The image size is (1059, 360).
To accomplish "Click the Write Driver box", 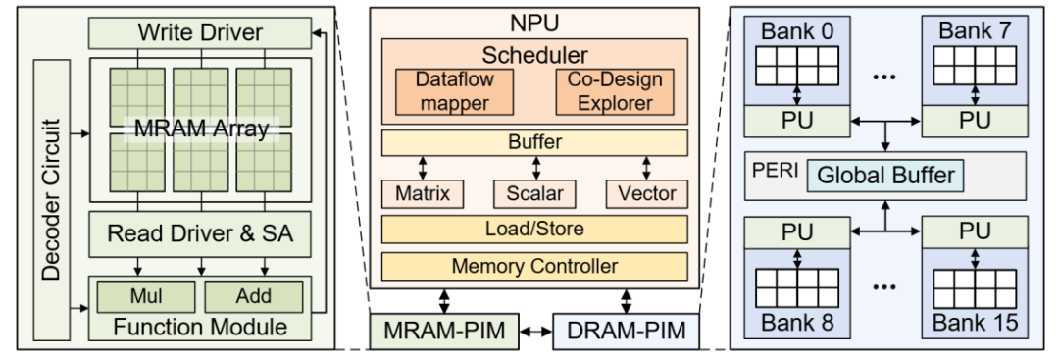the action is click(x=200, y=32).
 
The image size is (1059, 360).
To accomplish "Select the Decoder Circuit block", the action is click(x=52, y=199).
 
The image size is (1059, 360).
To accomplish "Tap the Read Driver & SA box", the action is click(x=200, y=233).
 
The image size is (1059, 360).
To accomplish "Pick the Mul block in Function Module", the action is click(x=146, y=296).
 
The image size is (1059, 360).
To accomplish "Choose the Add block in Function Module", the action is click(x=253, y=296).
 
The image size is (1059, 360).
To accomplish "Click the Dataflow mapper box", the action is click(x=454, y=91).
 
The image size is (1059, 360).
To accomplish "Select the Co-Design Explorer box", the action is click(x=615, y=91).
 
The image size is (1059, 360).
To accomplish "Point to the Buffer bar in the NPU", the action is click(x=535, y=142).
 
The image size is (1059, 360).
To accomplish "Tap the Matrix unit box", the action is click(x=423, y=194).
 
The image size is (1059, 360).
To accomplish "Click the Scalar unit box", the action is click(x=535, y=194).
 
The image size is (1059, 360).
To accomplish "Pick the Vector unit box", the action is click(x=646, y=194).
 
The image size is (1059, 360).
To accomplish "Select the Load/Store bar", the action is click(x=535, y=229).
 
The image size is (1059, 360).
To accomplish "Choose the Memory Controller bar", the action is click(x=535, y=266).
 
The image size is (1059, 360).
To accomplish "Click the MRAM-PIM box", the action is click(x=444, y=331).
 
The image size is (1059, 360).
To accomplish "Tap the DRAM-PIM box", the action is click(x=626, y=331).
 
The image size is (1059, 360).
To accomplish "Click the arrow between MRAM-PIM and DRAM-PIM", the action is click(x=535, y=332).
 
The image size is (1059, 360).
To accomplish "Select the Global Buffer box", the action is click(x=885, y=176).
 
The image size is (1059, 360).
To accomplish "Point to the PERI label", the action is click(x=776, y=170).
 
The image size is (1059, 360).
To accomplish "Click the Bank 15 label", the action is click(x=976, y=322).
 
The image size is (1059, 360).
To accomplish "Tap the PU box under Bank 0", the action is click(x=797, y=121).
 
